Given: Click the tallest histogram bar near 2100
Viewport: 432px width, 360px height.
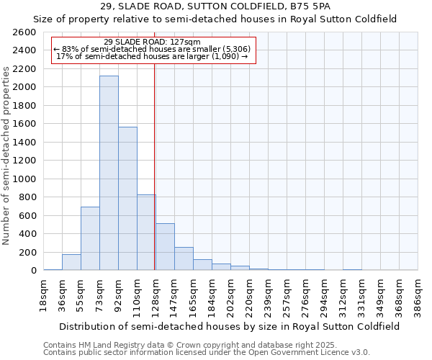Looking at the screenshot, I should pos(109,173).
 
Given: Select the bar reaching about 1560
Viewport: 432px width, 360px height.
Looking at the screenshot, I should pos(127,199).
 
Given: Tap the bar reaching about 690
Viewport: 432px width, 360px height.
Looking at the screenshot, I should pos(90,238).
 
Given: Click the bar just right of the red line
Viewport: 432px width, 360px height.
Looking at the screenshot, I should pos(165,246).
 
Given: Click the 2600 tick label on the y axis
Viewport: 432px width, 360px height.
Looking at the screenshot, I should pos(24,32).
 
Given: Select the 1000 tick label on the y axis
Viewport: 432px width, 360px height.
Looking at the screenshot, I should pos(24,179).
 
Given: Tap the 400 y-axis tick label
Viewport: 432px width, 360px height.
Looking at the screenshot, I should pos(27,234).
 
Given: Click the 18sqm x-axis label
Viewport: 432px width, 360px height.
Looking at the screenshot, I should pos(44,292).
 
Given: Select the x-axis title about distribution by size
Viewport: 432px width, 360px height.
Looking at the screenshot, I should pos(230,326).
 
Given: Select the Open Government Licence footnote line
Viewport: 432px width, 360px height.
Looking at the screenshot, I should pos(207,353).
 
